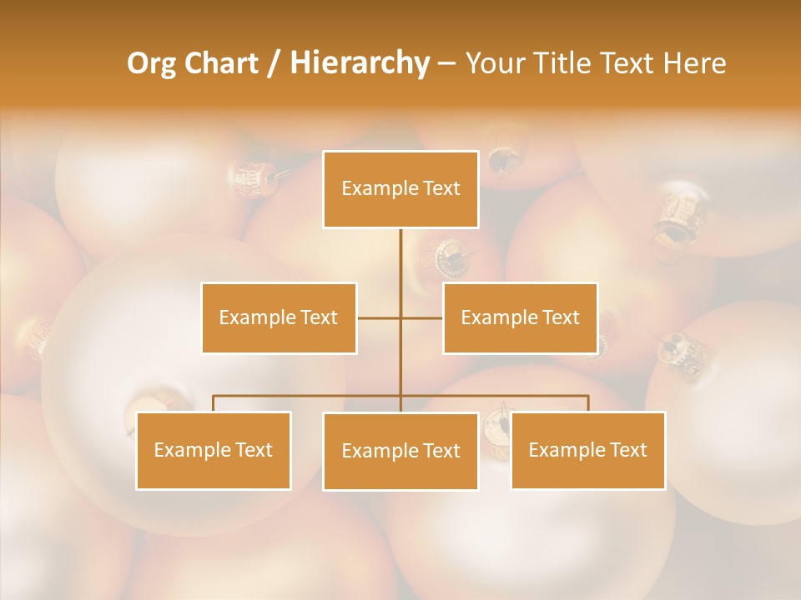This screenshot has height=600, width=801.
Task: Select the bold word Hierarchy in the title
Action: [359, 63]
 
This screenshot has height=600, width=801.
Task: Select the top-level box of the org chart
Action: [400, 189]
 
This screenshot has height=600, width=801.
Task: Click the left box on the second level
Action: [279, 317]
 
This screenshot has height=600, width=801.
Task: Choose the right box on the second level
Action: [520, 317]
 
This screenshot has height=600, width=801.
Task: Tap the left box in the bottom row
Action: [214, 450]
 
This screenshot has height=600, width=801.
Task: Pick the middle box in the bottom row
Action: [400, 451]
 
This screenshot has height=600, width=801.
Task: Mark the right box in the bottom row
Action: [587, 450]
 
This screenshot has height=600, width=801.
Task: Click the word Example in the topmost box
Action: [372, 188]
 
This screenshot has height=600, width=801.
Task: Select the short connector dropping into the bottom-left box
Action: [214, 403]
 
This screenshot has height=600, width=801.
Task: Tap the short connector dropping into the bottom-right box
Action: [587, 403]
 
